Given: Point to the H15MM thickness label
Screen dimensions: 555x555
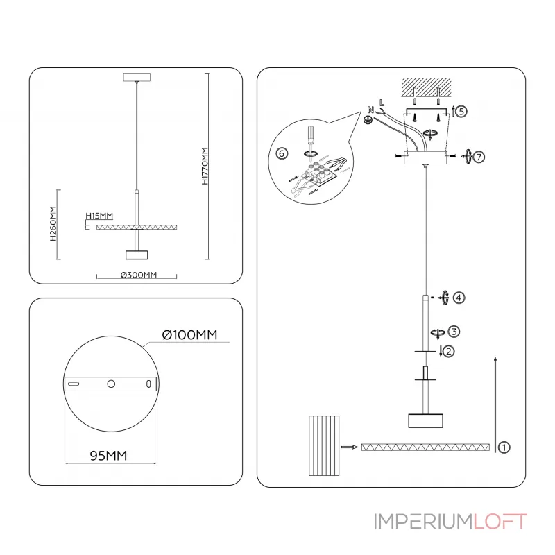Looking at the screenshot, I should [99, 216].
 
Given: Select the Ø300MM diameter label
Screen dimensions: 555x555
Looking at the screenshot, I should [139, 275].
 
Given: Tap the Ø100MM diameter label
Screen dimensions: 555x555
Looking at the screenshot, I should [189, 335].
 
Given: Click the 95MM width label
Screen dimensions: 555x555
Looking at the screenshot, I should [108, 456].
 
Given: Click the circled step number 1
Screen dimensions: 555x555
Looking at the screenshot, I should [504, 447].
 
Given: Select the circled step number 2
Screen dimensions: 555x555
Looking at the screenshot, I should [449, 352].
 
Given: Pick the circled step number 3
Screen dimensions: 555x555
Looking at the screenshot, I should [453, 331].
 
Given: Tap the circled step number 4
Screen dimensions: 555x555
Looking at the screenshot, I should [459, 298].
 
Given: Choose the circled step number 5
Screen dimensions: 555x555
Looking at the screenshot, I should [462, 111].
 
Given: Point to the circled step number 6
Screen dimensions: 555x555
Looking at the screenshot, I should [281, 153].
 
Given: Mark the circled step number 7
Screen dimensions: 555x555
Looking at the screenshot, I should [479, 157].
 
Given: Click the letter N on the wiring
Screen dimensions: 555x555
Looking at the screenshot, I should [370, 109].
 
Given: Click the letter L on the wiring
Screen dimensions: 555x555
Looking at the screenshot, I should [382, 103].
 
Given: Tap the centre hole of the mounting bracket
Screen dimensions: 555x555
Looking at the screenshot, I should [110, 384].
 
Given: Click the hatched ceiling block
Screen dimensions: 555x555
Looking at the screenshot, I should [426, 87].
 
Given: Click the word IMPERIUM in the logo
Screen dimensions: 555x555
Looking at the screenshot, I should [424, 522].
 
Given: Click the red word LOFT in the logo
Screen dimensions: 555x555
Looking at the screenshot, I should [502, 522].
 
